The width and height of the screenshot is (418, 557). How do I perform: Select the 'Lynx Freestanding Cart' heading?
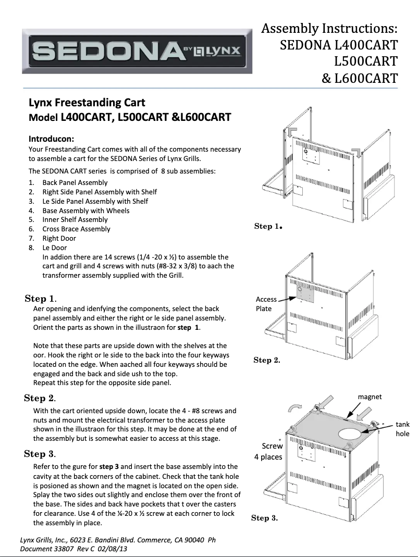(87, 102)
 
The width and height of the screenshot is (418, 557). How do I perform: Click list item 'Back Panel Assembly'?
(75, 182)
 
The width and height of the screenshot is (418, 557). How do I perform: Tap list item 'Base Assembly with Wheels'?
(86, 211)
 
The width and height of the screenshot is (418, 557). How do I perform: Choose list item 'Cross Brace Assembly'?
(77, 229)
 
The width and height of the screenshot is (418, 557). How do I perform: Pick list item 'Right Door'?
(59, 238)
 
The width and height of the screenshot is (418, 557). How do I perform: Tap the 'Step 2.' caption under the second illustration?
(267, 360)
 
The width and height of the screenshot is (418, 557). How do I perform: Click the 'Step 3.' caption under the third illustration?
(264, 517)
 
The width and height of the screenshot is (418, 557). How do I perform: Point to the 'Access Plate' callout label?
(266, 304)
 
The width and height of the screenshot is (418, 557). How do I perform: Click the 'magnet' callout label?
(370, 397)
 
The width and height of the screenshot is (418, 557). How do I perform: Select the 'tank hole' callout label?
(402, 429)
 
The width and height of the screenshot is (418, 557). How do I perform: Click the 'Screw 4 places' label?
(268, 451)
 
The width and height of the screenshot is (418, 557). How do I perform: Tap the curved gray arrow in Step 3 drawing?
(295, 407)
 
